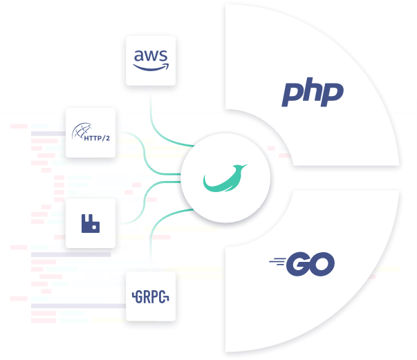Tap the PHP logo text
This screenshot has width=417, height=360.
point(313,93)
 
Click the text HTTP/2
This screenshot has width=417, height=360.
point(96,138)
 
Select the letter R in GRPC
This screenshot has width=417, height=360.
point(147,299)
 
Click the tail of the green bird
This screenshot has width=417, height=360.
point(210,184)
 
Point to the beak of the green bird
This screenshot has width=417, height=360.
point(246,166)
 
